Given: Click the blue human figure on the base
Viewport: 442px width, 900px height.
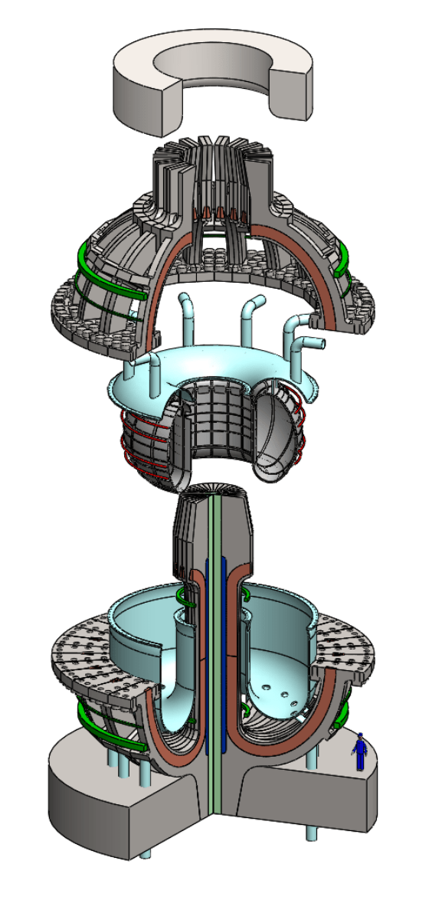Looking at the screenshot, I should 359,751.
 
